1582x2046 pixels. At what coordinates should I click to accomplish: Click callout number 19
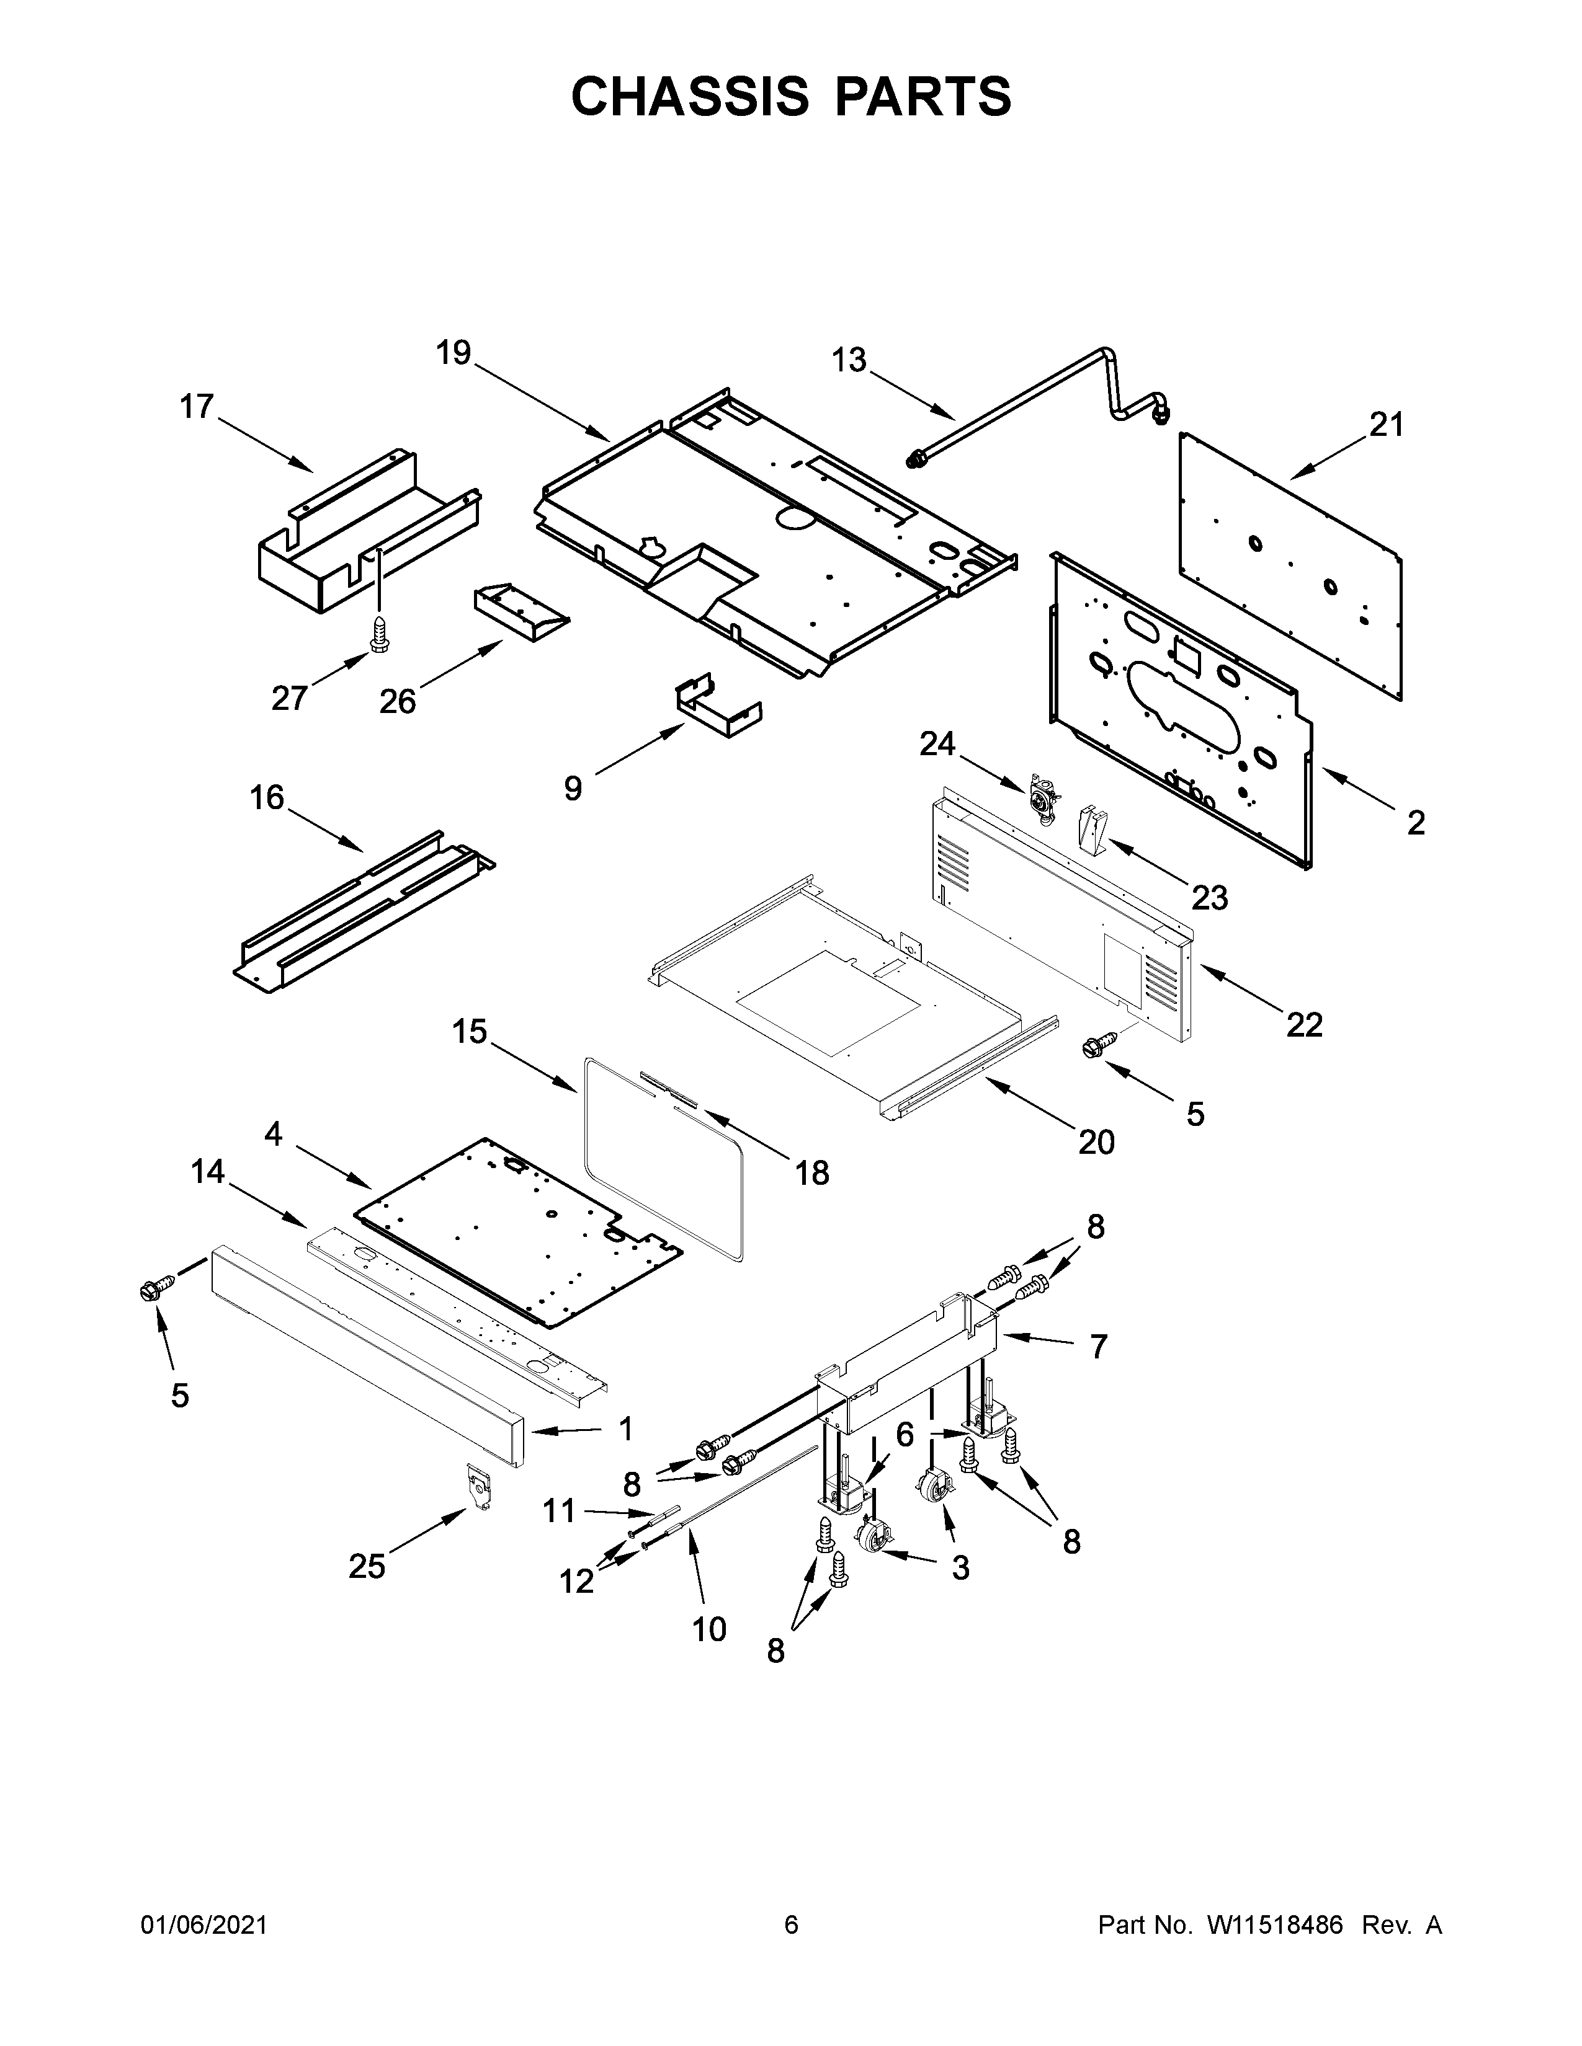pos(454,354)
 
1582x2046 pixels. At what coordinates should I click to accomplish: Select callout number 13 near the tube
pos(849,361)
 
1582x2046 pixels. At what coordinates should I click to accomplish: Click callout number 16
pos(267,798)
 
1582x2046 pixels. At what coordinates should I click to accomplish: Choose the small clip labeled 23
pos(1094,829)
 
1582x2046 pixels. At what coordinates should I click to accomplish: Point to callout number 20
pos(1096,1142)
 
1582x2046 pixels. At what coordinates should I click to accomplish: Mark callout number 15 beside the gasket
pos(470,1032)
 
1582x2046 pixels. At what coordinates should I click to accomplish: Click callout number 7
pos(1098,1347)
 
